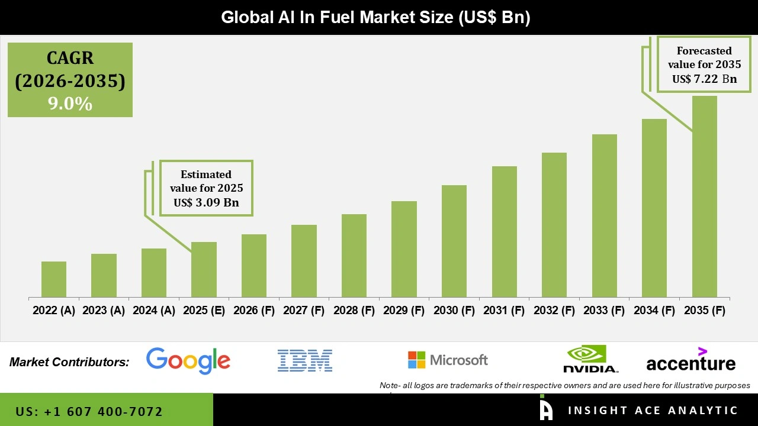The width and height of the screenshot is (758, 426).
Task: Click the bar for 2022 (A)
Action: coord(54,279)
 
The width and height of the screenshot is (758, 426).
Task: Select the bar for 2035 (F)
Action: coord(704,196)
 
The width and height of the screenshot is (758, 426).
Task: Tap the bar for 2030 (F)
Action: coord(454,241)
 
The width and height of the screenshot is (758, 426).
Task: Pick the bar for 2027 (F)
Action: coord(304,261)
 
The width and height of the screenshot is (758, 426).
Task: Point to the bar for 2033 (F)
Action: coord(604,215)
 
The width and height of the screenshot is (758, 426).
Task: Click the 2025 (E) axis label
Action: coord(204,311)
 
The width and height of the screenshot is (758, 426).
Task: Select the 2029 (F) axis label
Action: coord(404,311)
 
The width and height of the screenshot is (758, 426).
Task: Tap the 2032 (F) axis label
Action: coord(554,311)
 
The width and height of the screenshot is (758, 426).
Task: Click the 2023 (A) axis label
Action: coord(104,311)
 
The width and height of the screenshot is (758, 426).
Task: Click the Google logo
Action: coord(188,360)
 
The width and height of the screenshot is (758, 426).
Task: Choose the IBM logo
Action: coord(304,360)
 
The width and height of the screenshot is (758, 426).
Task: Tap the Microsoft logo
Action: coord(448,360)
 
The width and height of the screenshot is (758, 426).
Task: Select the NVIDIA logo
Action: coord(590,359)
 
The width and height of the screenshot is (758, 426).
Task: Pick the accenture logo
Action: coord(690,360)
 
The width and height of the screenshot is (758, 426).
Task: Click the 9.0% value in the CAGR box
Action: coord(70,104)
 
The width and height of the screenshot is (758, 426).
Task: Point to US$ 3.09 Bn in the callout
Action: coord(206,202)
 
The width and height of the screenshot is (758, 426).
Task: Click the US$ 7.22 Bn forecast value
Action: coord(704,79)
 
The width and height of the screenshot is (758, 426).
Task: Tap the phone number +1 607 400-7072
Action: coord(89,411)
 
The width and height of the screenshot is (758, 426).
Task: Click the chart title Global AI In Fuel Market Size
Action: coord(375,17)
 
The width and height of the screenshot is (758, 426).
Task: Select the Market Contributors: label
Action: coord(69,362)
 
